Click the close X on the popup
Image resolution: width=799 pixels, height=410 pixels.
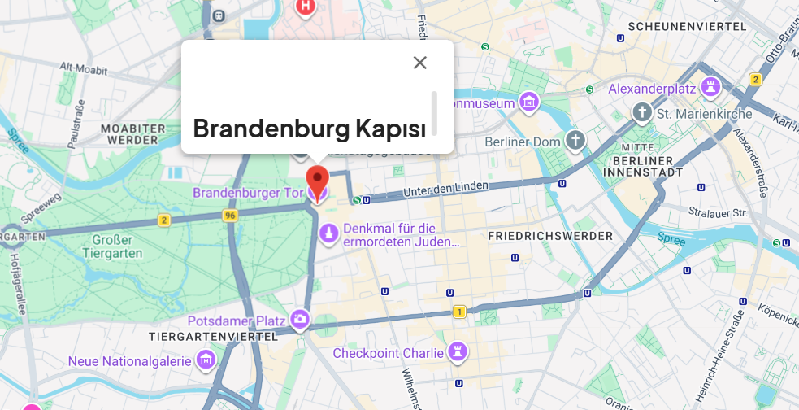419,63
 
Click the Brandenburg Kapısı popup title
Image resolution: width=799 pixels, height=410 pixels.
310,129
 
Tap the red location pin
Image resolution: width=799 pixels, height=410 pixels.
316,179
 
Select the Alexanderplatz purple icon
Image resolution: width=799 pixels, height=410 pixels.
711,86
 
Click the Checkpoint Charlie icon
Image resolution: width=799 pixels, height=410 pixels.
458,351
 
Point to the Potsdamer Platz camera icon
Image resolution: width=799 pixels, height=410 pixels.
301,319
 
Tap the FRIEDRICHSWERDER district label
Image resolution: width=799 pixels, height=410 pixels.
550,236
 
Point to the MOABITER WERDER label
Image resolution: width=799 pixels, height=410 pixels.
129,134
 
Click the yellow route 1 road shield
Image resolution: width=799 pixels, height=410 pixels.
460,312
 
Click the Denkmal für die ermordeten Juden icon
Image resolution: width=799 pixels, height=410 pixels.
328,234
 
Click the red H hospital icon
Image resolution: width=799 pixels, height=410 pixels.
305,7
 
